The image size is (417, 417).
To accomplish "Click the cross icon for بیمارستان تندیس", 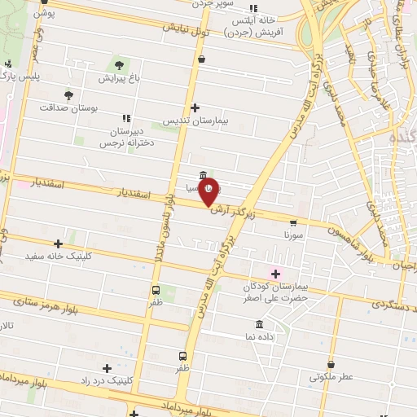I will click(x=195, y=108).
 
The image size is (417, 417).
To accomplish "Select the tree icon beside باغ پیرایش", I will click(x=119, y=65).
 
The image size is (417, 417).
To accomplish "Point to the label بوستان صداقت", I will click(x=68, y=107).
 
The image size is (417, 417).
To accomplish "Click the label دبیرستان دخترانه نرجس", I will click(x=127, y=136).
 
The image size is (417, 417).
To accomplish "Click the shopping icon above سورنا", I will click(x=293, y=222).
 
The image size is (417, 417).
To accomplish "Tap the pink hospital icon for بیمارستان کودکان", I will click(x=274, y=273).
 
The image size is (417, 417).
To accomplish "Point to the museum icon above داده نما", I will click(x=259, y=324).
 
